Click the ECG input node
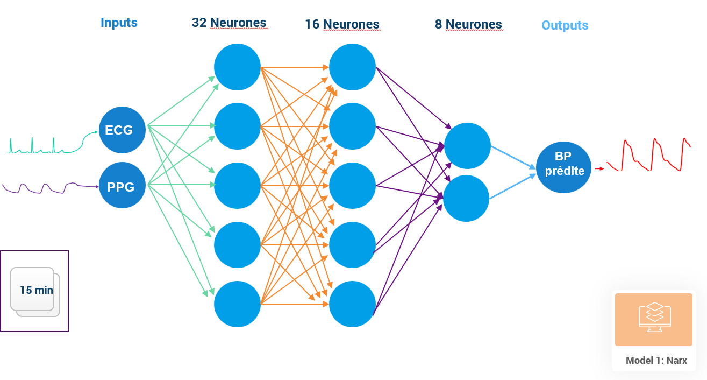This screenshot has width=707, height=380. pos(123,130)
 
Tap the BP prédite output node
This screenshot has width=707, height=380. pos(563,167)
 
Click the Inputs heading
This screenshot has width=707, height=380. pos(119,23)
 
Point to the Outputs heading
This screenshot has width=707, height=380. pos(565,25)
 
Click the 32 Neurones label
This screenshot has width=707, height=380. pos(229,23)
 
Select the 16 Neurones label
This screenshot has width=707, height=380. pos(342,24)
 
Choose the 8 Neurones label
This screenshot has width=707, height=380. pos(468,24)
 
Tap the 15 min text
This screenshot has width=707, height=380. pos(37,290)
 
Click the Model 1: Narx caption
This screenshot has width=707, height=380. pos(656,361)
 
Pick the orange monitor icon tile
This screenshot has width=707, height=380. pos(653,319)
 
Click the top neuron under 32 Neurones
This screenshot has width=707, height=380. pos(237,67)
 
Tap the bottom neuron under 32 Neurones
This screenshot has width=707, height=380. pos(237,304)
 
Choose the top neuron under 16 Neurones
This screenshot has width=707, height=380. pos(352,67)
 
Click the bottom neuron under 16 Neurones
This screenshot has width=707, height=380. pos(352,304)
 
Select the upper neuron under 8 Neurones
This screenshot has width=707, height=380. pos(467,146)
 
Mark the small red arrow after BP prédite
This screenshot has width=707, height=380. pos(599,168)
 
